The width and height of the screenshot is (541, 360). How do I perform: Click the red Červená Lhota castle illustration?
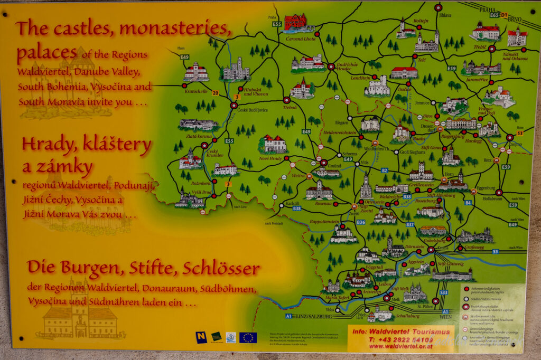click(x=296, y=23)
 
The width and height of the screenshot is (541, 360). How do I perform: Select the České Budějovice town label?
click(x=252, y=110)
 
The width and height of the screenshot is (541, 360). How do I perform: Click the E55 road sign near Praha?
click(x=277, y=24)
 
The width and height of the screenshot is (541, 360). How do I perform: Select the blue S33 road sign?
click(x=443, y=292)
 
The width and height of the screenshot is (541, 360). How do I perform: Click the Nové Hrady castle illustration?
click(x=274, y=143)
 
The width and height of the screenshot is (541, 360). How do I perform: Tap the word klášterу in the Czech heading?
click(x=115, y=145)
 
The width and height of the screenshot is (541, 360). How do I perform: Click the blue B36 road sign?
click(x=360, y=222)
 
